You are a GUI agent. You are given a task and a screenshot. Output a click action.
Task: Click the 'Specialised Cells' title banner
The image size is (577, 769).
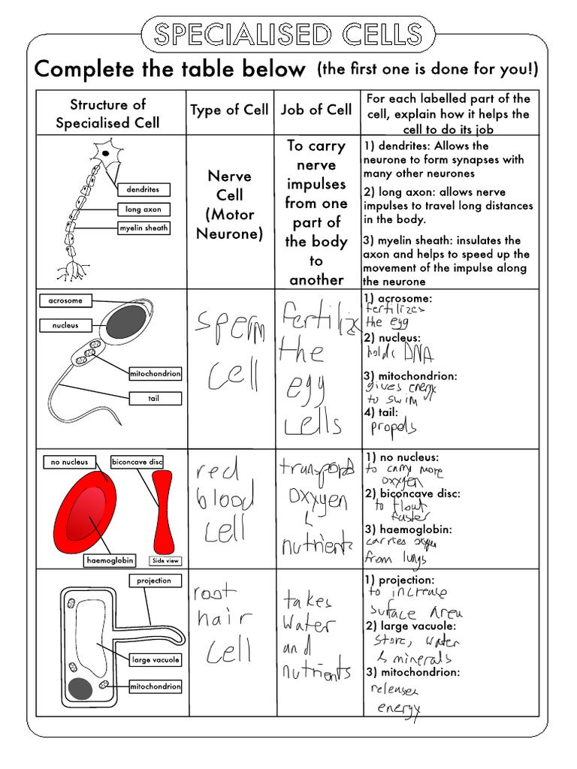[288, 34]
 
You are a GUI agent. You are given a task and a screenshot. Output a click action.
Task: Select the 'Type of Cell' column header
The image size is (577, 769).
[229, 110]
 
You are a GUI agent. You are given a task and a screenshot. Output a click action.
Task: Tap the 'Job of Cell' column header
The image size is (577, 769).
[316, 110]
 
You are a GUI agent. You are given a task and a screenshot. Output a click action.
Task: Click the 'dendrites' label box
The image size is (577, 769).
[143, 190]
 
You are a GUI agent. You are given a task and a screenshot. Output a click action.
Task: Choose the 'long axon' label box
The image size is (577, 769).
[143, 210]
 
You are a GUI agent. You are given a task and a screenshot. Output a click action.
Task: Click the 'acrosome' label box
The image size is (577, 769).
[65, 300]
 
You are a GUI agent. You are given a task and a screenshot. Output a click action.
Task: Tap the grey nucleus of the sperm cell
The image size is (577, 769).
[125, 321]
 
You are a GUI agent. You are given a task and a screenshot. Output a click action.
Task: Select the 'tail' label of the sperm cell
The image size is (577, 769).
[154, 398]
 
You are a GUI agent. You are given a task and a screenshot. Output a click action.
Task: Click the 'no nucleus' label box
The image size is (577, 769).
[69, 462]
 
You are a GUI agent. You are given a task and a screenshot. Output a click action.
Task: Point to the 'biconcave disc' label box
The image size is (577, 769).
[137, 462]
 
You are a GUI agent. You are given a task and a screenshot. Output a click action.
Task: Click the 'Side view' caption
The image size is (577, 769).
[165, 560]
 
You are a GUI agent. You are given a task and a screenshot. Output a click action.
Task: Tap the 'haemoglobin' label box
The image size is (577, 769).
[110, 560]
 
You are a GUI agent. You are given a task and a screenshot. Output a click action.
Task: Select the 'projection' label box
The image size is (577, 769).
[154, 581]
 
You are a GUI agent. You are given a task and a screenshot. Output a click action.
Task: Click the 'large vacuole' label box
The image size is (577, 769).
[155, 659]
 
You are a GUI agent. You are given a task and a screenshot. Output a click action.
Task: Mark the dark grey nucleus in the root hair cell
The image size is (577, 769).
[80, 688]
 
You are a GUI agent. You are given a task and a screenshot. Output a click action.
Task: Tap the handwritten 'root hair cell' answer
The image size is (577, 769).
[222, 623]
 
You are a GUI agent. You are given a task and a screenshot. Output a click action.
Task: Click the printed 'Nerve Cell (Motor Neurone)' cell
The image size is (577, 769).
[229, 204]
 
